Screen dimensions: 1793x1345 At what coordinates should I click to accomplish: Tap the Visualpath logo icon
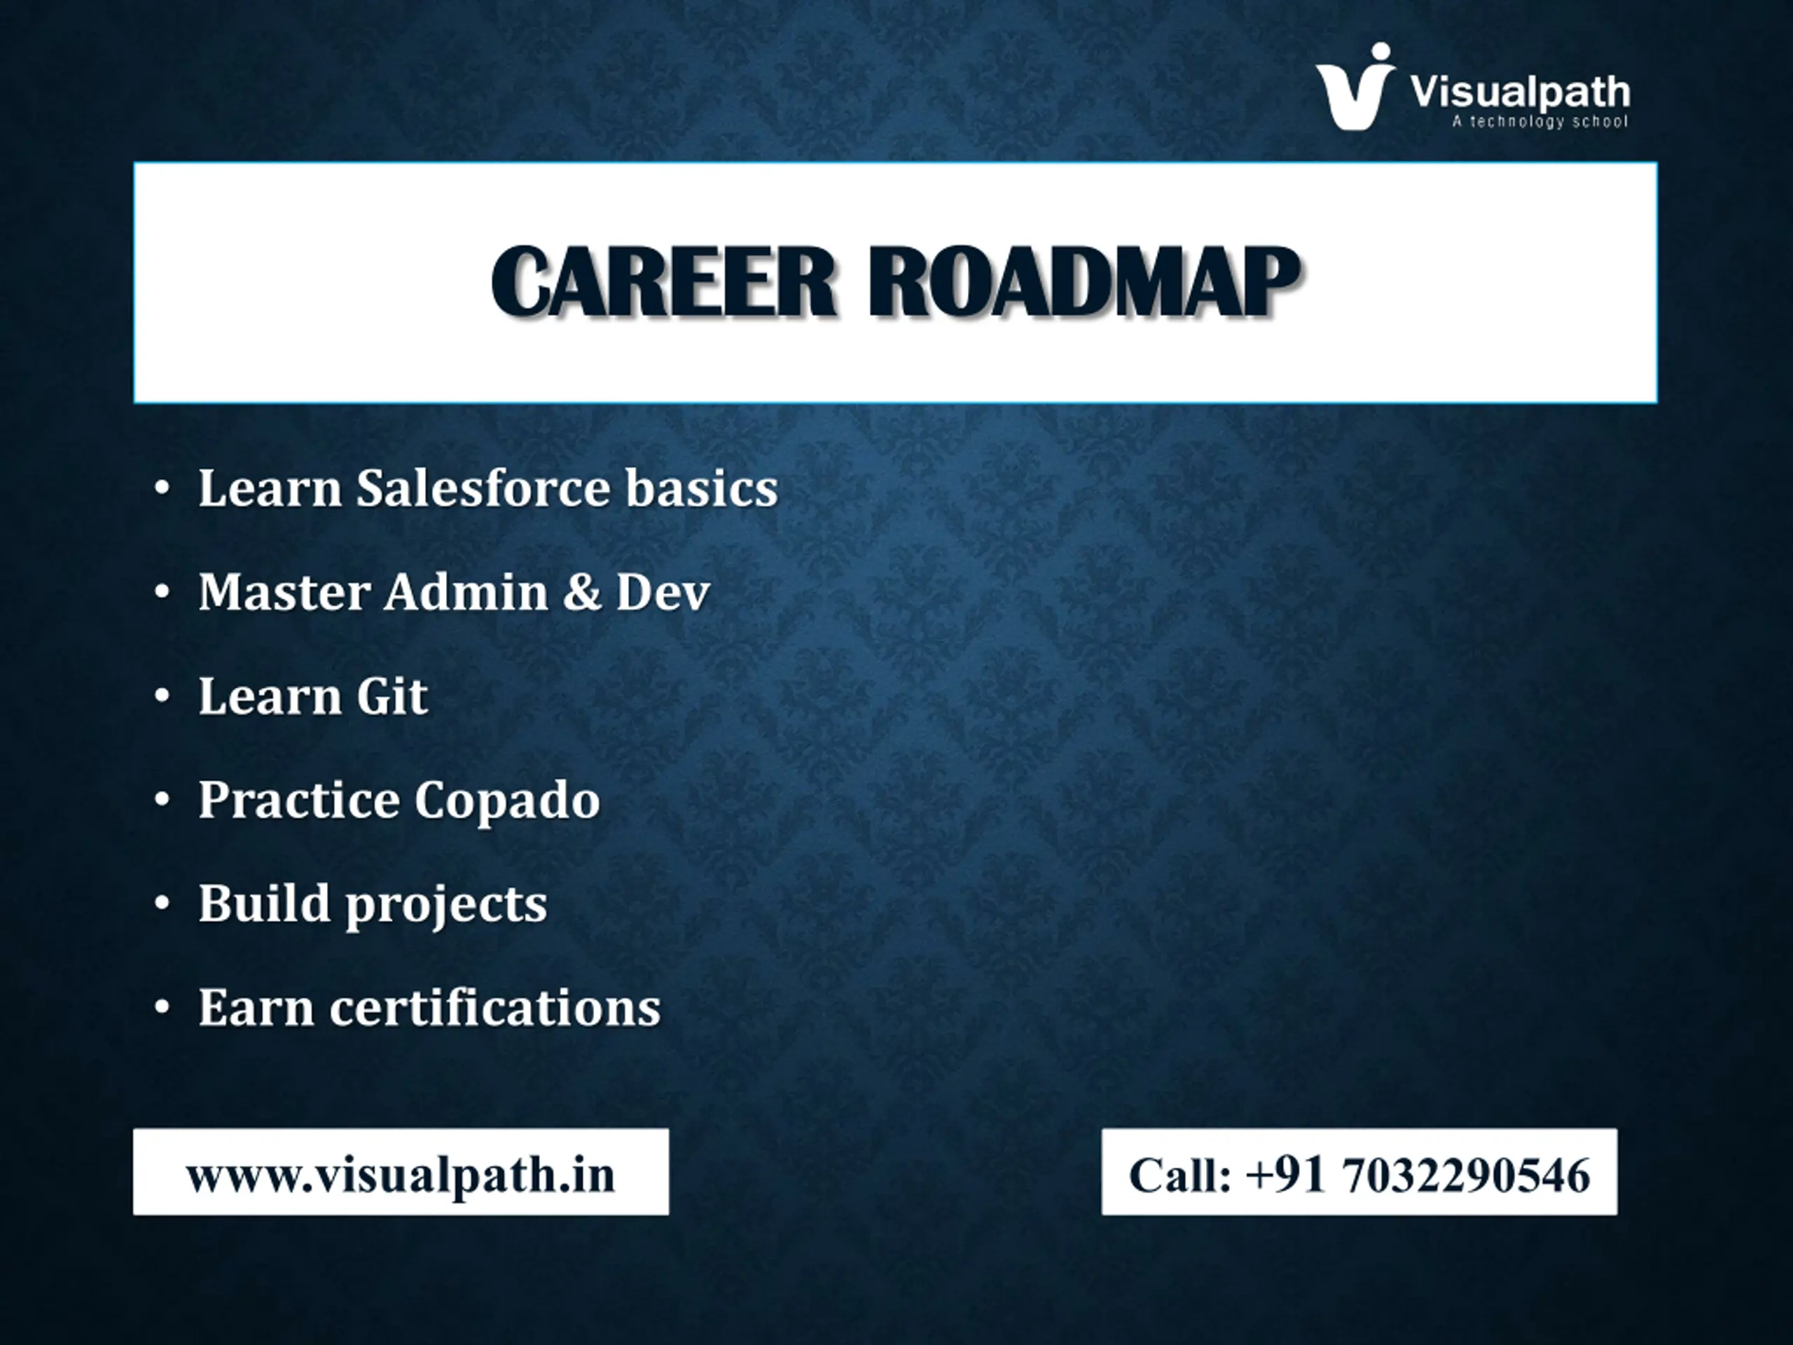pyautogui.click(x=1355, y=86)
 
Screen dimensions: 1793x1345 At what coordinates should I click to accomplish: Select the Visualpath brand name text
pyautogui.click(x=1520, y=91)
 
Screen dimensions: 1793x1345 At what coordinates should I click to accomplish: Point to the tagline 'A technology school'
pyautogui.click(x=1539, y=122)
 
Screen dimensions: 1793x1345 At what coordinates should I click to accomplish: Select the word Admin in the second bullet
pyautogui.click(x=466, y=592)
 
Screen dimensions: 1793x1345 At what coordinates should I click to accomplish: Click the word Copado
pyautogui.click(x=507, y=801)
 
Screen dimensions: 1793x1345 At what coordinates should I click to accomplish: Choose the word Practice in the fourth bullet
pyautogui.click(x=299, y=801)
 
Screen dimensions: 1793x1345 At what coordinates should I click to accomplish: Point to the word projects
pyautogui.click(x=447, y=905)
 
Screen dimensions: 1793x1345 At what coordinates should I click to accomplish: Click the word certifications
pyautogui.click(x=495, y=1008)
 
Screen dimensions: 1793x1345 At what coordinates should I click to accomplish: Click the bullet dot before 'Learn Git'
pyautogui.click(x=163, y=696)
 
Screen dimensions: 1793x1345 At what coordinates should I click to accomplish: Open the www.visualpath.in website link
pyautogui.click(x=401, y=1175)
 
